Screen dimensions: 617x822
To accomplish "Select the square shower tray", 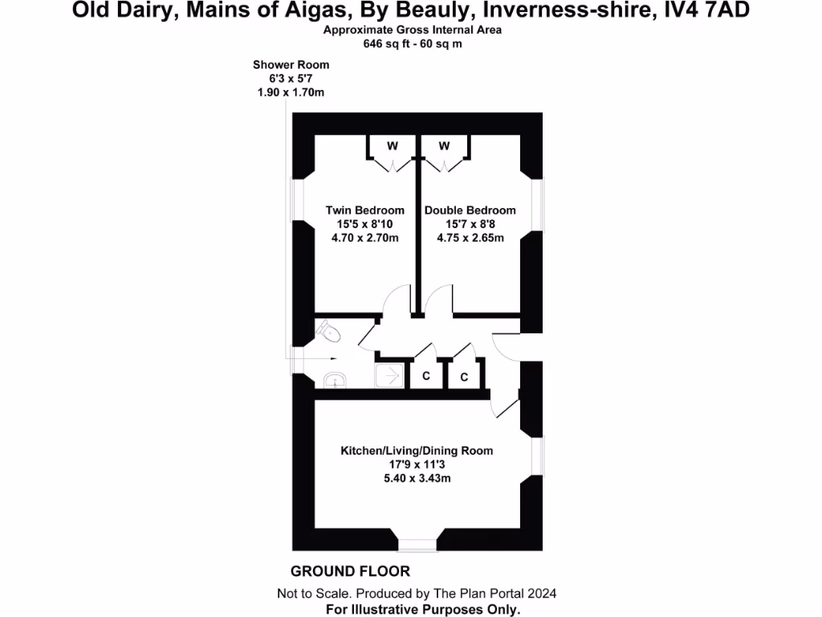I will pos(391,375).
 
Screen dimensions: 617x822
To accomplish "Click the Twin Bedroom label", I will pos(364,210).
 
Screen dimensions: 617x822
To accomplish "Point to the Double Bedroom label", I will pos(470,210).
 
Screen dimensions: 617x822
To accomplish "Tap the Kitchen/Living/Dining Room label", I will pos(417,451).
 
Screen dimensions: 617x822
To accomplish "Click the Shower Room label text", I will pos(291,64).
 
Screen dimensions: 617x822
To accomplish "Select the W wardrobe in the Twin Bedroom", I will pos(392,146).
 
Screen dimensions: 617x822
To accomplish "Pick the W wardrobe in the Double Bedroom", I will pos(444,146).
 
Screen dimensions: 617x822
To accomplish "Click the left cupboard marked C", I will pos(426,376).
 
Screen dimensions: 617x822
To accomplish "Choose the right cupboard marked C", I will pos(464,377).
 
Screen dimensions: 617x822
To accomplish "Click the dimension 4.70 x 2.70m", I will pos(364,238).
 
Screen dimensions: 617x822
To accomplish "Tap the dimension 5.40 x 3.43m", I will pos(417,478).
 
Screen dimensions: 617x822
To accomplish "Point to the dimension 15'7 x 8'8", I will pos(470,224).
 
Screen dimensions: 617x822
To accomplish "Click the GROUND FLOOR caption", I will pos(350,571).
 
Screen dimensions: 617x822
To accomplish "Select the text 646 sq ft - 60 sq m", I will pos(413,44).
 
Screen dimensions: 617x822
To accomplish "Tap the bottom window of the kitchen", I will pos(417,545).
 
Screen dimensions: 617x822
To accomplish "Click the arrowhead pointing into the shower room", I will pos(336,358).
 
